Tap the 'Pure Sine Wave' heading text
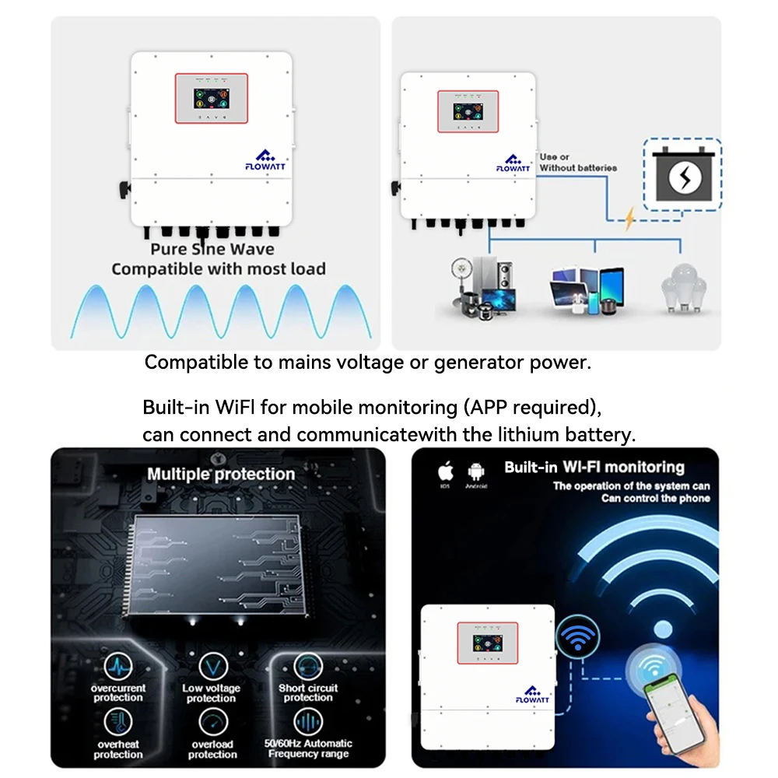point(212,249)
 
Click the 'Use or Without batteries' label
point(578,162)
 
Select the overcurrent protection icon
point(118,668)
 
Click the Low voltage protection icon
point(212,668)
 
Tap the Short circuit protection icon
point(308,667)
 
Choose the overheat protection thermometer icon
point(118,723)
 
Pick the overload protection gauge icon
point(212,723)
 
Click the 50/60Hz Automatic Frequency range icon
point(308,723)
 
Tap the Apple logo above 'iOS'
point(446,471)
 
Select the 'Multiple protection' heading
point(221,474)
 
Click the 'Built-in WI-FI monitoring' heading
point(594,468)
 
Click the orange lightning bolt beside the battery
point(629,219)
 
